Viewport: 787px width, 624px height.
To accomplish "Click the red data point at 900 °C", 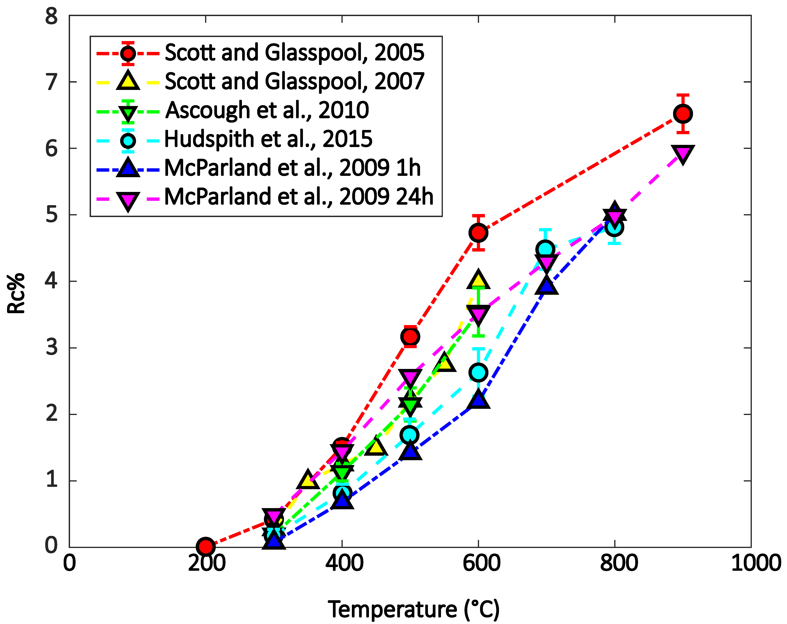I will pyautogui.click(x=683, y=114).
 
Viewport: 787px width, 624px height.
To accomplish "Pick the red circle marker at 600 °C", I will pyautogui.click(x=478, y=232).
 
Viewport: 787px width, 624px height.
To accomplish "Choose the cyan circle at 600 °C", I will pyautogui.click(x=478, y=372).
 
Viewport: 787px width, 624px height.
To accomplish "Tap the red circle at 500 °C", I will pyautogui.click(x=410, y=336).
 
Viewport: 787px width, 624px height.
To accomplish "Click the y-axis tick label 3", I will pyautogui.click(x=51, y=347).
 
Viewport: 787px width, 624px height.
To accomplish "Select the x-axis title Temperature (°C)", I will pyautogui.click(x=414, y=609).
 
